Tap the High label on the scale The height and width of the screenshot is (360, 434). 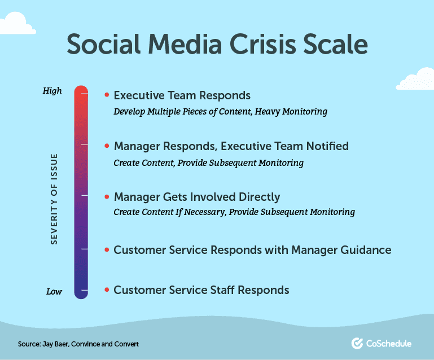click(x=52, y=91)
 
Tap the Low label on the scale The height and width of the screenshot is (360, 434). click(x=54, y=292)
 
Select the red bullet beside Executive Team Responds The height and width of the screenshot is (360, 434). click(x=107, y=95)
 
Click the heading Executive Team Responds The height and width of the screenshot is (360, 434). click(x=182, y=95)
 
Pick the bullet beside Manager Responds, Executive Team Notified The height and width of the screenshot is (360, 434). click(x=107, y=146)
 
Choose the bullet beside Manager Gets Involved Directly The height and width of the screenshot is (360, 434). click(x=107, y=197)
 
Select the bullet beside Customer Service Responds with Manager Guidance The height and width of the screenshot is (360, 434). click(x=107, y=249)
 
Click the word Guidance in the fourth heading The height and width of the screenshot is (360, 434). click(x=366, y=249)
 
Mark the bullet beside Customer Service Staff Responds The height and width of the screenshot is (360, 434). click(x=107, y=290)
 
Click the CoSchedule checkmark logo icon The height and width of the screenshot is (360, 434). click(x=357, y=343)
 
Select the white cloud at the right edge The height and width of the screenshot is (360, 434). click(x=418, y=80)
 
